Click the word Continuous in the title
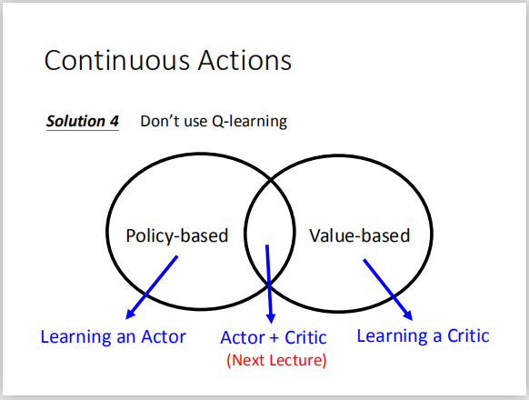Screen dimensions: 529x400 coord(117,60)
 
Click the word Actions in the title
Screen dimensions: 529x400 coord(245,60)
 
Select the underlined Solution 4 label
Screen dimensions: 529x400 coord(83,121)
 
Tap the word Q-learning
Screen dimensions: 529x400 coord(249,122)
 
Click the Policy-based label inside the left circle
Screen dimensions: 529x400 coord(177,235)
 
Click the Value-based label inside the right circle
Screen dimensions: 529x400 coord(360,235)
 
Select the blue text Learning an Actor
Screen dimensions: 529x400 coord(114,337)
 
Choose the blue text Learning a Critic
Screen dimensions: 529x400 coord(423,335)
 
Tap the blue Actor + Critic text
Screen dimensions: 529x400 coord(274,337)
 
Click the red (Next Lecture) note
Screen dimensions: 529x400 coord(276,360)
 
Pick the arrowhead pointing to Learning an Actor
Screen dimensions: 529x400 coord(130,315)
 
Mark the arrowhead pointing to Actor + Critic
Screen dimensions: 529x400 coord(271,318)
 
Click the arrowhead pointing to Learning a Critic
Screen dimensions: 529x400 coord(408,315)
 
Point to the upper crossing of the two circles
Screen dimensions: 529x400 coord(271,180)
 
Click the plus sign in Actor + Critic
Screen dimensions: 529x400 coord(274,338)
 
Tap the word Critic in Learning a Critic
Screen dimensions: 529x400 coord(468,335)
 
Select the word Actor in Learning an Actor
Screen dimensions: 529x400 coord(164,337)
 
